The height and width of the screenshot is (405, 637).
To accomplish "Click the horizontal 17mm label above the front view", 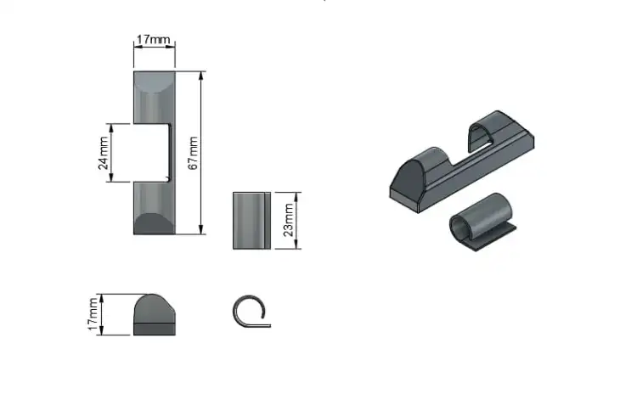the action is tap(153, 40).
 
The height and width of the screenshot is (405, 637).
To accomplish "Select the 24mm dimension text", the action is tap(104, 153).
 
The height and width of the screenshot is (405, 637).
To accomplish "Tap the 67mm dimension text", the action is tap(194, 153).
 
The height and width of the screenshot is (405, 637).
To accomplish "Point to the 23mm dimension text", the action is tap(288, 220).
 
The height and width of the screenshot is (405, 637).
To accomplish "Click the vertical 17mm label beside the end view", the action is tap(93, 314).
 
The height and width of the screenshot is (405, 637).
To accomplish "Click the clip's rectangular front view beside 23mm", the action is tap(252, 221).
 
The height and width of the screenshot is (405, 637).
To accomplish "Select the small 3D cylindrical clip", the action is tap(482, 222).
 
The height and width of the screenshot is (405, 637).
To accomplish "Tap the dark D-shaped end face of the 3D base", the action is tap(407, 178).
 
